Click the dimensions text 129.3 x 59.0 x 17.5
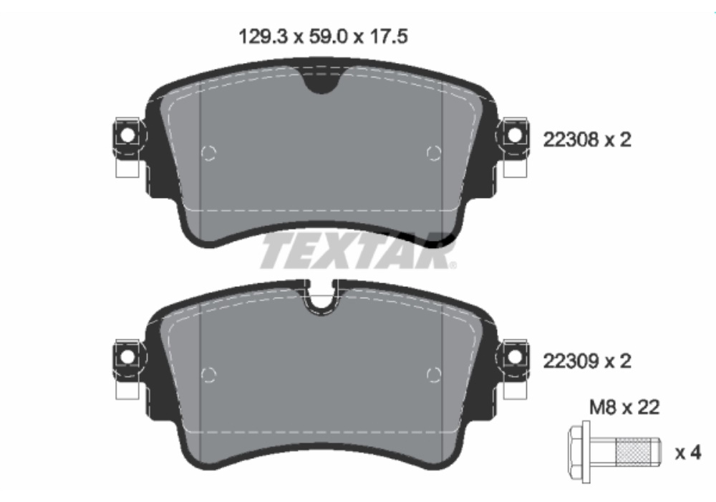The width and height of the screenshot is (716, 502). coord(323,37)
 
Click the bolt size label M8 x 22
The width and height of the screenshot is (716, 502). coord(624,408)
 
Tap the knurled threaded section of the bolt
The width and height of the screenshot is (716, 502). coord(641,453)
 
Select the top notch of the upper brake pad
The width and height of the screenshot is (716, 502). coord(319,80)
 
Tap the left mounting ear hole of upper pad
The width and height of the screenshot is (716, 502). coord(127,134)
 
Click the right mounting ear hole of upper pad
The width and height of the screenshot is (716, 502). coord(513,134)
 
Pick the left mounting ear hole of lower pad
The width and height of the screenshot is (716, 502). coord(127,356)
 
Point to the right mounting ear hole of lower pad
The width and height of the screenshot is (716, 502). coord(513,356)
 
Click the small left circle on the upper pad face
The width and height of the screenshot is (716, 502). coord(208,153)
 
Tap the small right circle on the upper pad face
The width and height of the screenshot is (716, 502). coord(432,153)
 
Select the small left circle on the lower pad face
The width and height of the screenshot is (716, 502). coord(208,374)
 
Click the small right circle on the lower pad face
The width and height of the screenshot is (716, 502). coord(432,374)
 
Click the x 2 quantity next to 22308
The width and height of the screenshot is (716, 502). coord(618,140)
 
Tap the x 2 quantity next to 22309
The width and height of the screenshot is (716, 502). coord(618,362)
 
